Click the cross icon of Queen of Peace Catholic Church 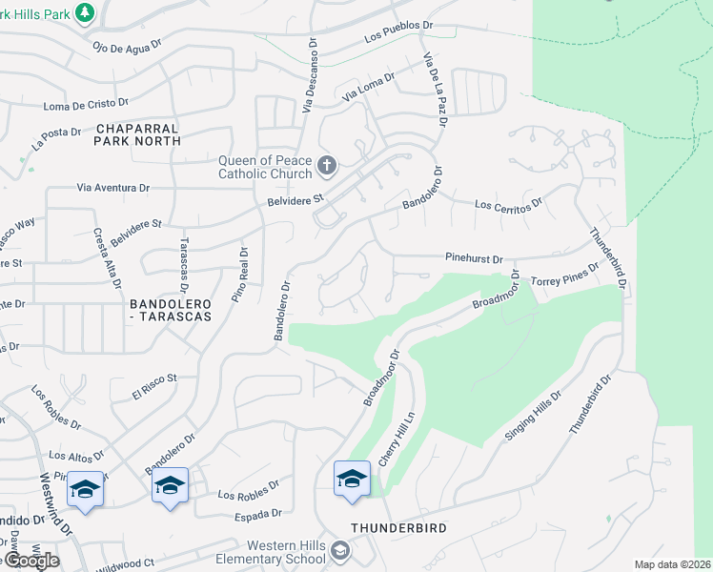pyautogui.click(x=327, y=166)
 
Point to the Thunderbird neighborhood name pyautogui.click(x=398, y=527)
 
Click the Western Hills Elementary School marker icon pyautogui.click(x=340, y=551)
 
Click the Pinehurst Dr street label pyautogui.click(x=474, y=257)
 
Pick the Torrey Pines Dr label pyautogui.click(x=565, y=275)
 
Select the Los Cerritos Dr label pyautogui.click(x=509, y=203)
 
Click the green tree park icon pyautogui.click(x=86, y=11)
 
